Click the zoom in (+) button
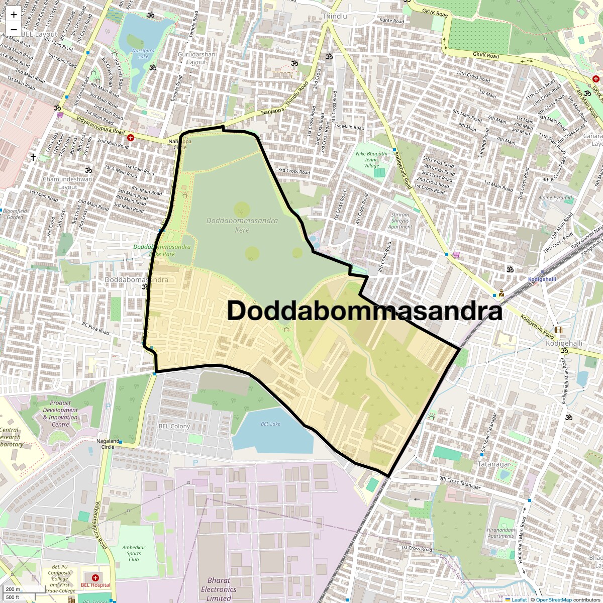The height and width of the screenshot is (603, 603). coord(14,15)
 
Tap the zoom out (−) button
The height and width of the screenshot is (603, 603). coord(14,29)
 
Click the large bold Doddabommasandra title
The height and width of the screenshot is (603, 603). coord(365,311)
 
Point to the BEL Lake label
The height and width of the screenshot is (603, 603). coord(270,424)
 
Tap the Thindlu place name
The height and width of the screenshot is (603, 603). coord(335,16)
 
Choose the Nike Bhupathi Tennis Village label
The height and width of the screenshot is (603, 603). coord(371,159)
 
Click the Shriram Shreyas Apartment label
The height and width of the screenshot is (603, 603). coord(400,221)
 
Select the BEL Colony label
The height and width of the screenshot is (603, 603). coord(174,426)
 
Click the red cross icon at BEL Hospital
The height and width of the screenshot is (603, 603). coord(95,578)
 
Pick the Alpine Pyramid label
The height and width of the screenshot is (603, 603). coord(555,197)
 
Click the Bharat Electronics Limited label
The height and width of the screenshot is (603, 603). coord(219,589)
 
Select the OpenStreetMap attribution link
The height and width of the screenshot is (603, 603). coord(553,599)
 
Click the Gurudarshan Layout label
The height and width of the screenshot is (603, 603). coord(196,58)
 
